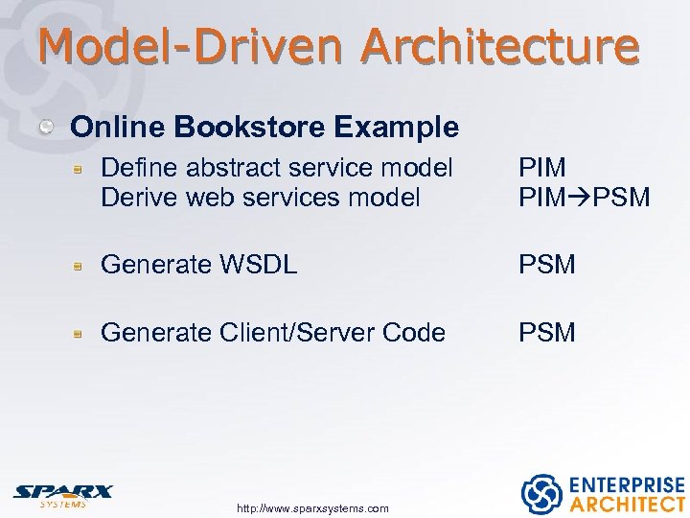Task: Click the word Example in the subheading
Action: tap(403, 127)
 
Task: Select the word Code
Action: tap(414, 333)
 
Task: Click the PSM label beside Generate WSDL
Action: tap(547, 265)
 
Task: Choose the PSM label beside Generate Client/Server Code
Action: tap(547, 333)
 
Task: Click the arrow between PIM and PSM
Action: tap(579, 198)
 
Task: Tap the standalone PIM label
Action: tap(542, 168)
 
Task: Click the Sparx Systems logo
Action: tap(62, 494)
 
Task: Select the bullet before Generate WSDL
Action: tap(82, 266)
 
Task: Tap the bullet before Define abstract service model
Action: tap(82, 169)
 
